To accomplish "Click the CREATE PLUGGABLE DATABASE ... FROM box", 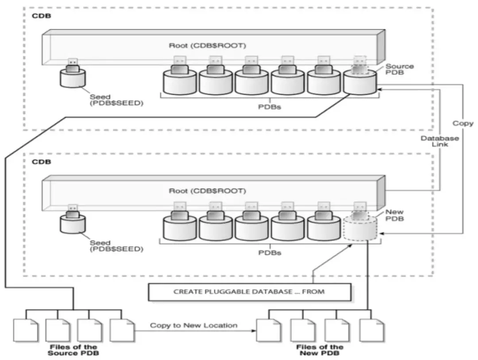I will click(x=249, y=292).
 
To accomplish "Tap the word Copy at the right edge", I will click(x=463, y=124).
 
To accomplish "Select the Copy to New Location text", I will click(x=193, y=325).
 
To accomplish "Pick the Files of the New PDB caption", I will click(x=319, y=350).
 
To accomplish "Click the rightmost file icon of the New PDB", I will click(x=371, y=329).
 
